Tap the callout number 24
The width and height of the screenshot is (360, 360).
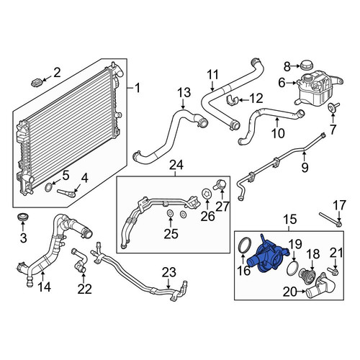pos(176,165)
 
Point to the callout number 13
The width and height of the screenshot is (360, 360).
pos(184,93)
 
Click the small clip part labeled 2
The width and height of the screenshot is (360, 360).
pos(37,82)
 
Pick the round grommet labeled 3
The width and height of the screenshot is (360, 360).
pos(23,216)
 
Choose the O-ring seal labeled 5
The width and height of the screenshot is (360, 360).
pos(48,187)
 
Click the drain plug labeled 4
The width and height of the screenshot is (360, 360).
pos(66,193)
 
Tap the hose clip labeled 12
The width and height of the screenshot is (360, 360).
pos(232,100)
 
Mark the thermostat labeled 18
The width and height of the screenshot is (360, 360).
pos(306,276)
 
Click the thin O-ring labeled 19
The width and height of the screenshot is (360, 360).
pos(293,269)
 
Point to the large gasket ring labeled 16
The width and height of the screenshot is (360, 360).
pos(244,245)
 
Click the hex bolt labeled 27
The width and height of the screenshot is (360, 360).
pos(220,184)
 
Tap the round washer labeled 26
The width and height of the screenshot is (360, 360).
pos(206,193)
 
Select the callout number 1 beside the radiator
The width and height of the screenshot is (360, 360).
pos(138,89)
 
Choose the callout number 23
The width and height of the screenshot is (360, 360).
pos(169,272)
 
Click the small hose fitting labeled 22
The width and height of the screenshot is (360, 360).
pos(78,262)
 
